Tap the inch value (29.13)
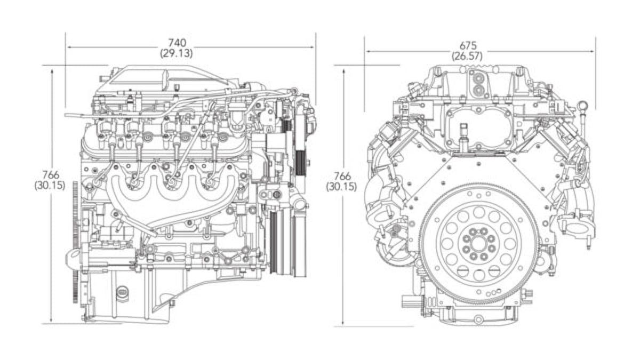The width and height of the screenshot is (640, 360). click(x=176, y=53)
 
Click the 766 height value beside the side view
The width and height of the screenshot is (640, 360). click(x=51, y=175)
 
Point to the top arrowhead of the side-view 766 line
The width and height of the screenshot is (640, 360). click(x=52, y=69)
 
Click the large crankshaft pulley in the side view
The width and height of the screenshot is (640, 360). click(x=288, y=243)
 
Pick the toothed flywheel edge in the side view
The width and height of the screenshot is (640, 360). click(x=75, y=240)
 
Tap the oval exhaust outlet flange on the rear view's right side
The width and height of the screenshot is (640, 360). click(x=577, y=228)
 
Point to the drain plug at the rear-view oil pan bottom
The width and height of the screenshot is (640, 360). click(x=478, y=319)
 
